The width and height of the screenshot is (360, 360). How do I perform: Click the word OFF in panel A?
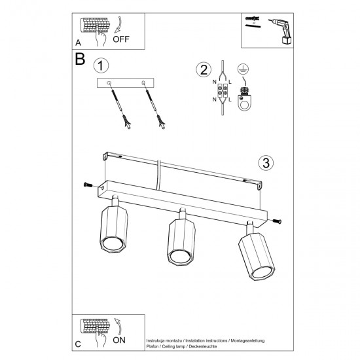pyautogui.click(x=122, y=38)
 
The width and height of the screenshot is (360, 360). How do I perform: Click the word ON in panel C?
pyautogui.click(x=120, y=340)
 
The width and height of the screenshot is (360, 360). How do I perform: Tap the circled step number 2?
pyautogui.click(x=204, y=70)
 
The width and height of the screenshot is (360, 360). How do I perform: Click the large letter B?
pyautogui.click(x=81, y=60)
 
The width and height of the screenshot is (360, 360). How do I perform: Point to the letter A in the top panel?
pyautogui.click(x=78, y=42)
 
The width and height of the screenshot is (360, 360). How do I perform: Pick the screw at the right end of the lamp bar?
pyautogui.click(x=278, y=221)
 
